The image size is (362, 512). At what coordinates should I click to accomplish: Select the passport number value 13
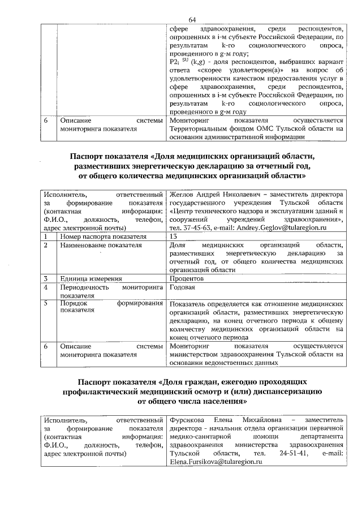coord(173,236)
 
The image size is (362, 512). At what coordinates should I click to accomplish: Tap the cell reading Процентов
coord(186,279)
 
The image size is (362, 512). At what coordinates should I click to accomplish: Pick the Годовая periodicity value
coord(183,287)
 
